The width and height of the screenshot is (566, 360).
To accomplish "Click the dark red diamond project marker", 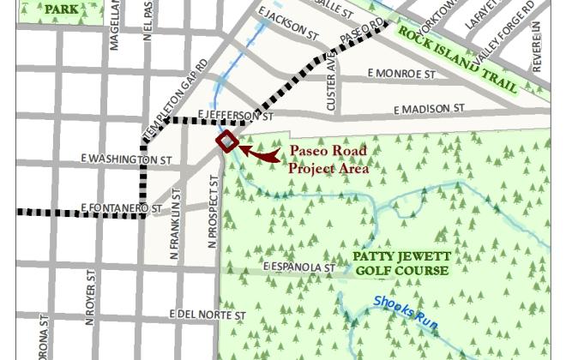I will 226,141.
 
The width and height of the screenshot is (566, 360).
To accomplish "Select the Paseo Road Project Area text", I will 328,159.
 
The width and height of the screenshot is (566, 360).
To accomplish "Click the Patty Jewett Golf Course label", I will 402,264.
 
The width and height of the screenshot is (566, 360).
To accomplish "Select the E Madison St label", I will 429,109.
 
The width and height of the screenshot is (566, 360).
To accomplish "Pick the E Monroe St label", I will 400,75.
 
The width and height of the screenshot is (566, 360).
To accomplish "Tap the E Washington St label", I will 126,159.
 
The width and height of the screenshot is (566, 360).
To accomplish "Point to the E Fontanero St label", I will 121,208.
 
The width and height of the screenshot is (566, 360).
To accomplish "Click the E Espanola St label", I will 298,268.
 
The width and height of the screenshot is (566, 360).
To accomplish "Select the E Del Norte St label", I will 208,315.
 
